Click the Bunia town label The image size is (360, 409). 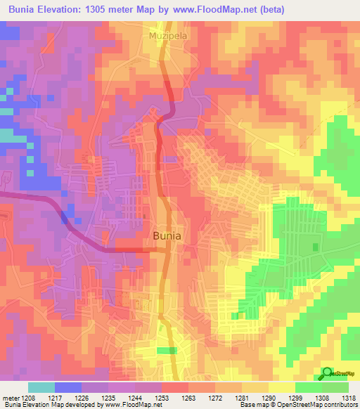(167, 237)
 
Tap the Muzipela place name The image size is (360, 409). (166, 34)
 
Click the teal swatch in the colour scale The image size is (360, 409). (41, 387)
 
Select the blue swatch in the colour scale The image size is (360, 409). (67, 387)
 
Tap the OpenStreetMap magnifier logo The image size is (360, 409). (327, 373)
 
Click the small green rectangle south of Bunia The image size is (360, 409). (167, 350)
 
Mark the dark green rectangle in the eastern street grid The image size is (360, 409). (314, 249)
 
